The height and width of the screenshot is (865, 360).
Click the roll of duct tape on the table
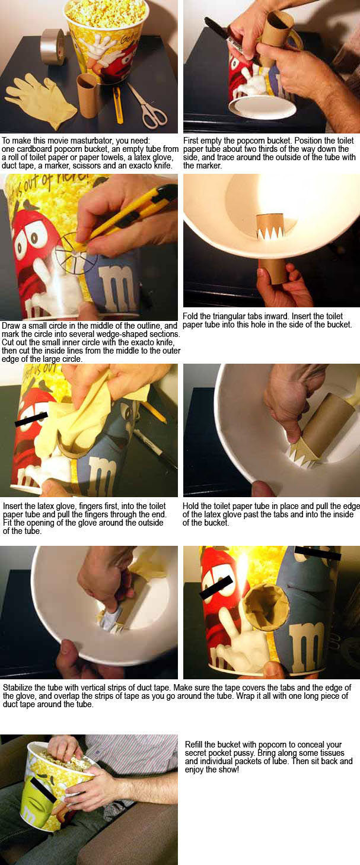[52, 46]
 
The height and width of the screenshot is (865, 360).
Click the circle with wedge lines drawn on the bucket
[76, 253]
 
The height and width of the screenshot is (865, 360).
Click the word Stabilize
[18, 688]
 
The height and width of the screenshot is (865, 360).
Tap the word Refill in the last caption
[195, 745]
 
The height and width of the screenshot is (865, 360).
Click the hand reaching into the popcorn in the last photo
[66, 748]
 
